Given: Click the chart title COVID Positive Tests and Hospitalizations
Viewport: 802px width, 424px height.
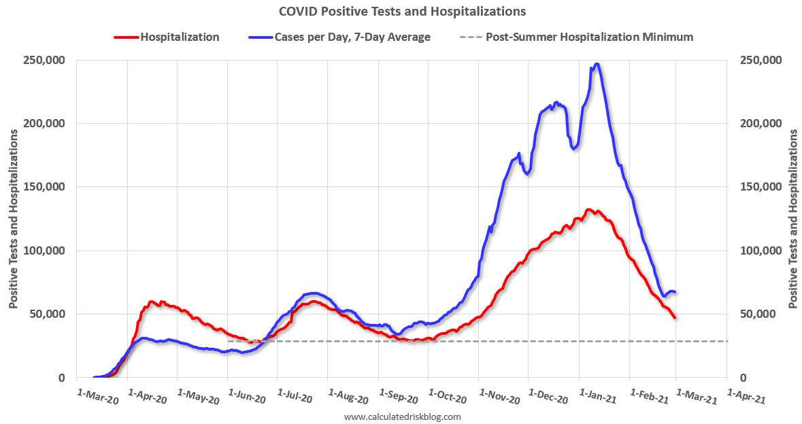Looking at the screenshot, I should coord(402,12).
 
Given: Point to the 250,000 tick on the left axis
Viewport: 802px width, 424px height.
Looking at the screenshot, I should coord(44,60).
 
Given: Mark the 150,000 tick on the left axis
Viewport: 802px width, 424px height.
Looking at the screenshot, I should coord(44,187).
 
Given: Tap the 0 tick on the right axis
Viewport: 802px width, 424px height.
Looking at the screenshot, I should coord(743,378).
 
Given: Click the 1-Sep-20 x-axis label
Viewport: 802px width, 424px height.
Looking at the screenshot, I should coord(399,397).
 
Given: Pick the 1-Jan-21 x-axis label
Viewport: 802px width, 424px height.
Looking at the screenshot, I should coord(597,397).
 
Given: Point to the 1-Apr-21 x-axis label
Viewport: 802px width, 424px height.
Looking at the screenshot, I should coord(746,397).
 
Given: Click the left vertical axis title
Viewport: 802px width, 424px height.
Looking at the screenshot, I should coord(14,219).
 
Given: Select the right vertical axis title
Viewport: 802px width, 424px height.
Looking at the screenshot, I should coord(793,219).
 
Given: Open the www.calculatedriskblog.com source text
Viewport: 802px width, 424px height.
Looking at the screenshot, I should coord(403,417).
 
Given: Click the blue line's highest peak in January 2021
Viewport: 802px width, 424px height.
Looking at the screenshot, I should coord(597,64).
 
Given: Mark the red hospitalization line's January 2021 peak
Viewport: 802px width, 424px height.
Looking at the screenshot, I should coord(589,210).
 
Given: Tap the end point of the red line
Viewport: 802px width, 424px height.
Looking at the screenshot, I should coord(675,318).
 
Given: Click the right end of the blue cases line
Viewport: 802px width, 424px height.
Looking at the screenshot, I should coord(675,292).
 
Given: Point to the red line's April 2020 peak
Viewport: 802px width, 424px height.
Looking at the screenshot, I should coord(152,301).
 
